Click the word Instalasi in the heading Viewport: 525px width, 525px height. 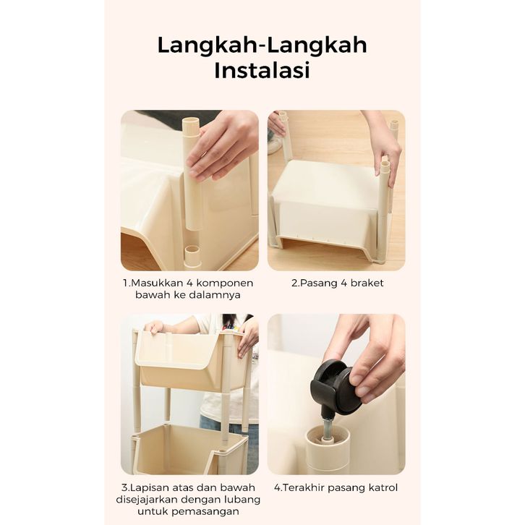[262, 70]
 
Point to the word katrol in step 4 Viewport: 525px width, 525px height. [381, 487]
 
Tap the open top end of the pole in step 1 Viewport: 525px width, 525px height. [190, 121]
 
